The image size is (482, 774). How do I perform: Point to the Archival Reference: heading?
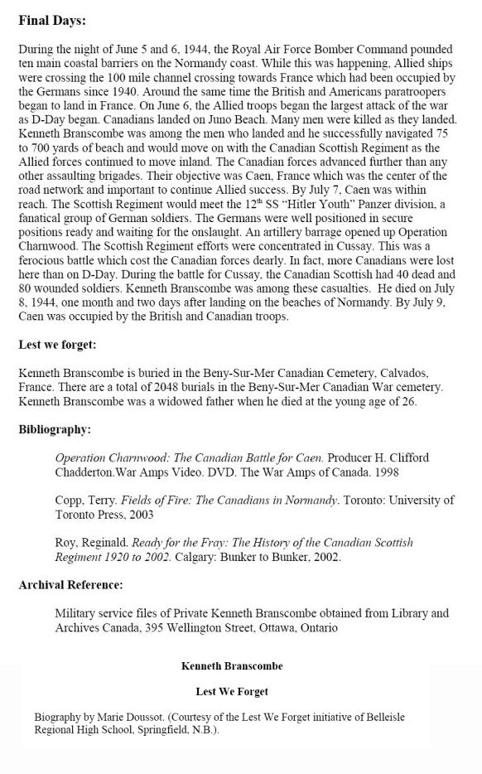click(x=70, y=585)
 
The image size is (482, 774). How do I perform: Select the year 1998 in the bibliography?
click(x=398, y=472)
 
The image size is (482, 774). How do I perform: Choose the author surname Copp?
click(x=70, y=501)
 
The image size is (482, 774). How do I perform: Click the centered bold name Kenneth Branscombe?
click(x=232, y=665)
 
